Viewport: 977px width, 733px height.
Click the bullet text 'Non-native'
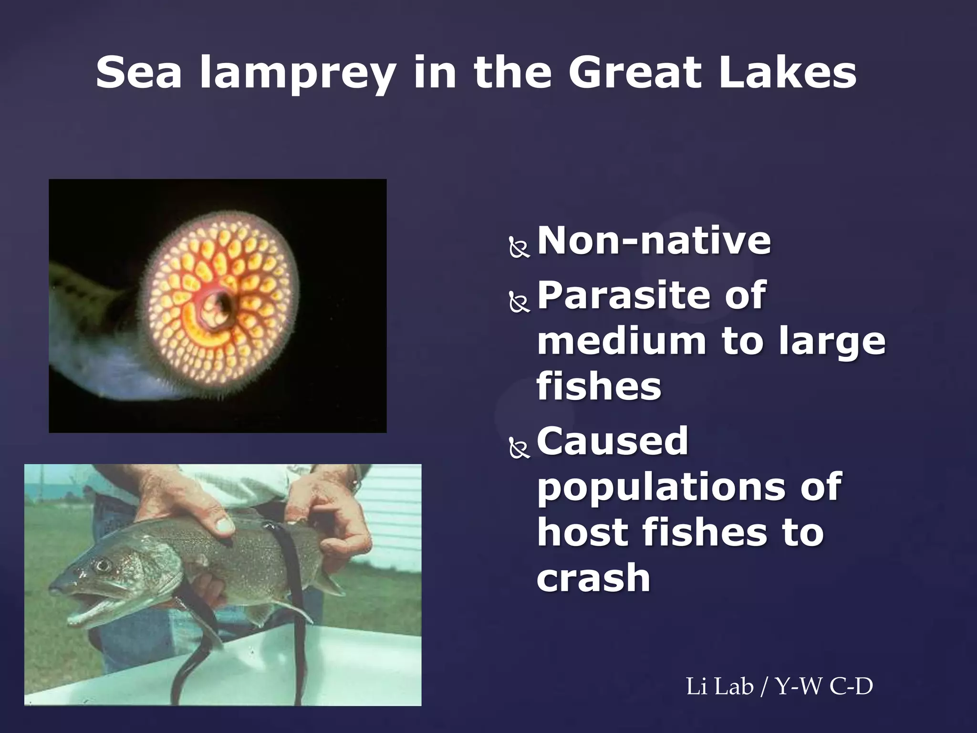(654, 241)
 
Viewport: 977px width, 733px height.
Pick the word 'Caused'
(613, 441)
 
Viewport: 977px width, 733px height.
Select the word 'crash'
(593, 578)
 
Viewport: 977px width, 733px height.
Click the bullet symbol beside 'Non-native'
(520, 249)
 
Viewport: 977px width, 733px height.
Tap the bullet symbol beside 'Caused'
(520, 449)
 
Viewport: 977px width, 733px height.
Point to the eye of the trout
(102, 566)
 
